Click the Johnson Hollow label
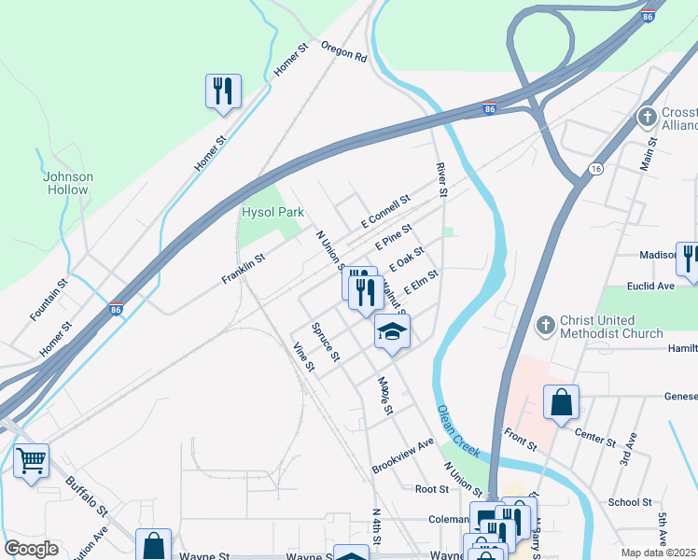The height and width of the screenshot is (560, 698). click(x=68, y=183)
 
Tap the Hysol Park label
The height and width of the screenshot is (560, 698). click(x=273, y=212)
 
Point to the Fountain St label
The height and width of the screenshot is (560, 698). click(x=49, y=298)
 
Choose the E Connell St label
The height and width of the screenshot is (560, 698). click(x=385, y=212)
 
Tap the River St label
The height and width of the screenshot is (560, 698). click(x=442, y=179)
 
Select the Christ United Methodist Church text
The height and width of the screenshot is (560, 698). click(x=611, y=327)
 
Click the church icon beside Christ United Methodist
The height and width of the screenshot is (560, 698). click(x=545, y=326)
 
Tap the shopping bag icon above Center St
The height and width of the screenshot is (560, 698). click(x=562, y=403)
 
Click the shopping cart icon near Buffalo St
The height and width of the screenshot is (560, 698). click(x=32, y=460)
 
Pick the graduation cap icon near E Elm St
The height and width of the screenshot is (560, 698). click(x=393, y=331)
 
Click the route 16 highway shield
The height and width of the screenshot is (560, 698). click(x=594, y=168)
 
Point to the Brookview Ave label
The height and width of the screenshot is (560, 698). click(x=403, y=455)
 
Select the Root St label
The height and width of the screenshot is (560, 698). click(x=432, y=488)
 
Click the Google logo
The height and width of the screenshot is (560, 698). click(x=32, y=548)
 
